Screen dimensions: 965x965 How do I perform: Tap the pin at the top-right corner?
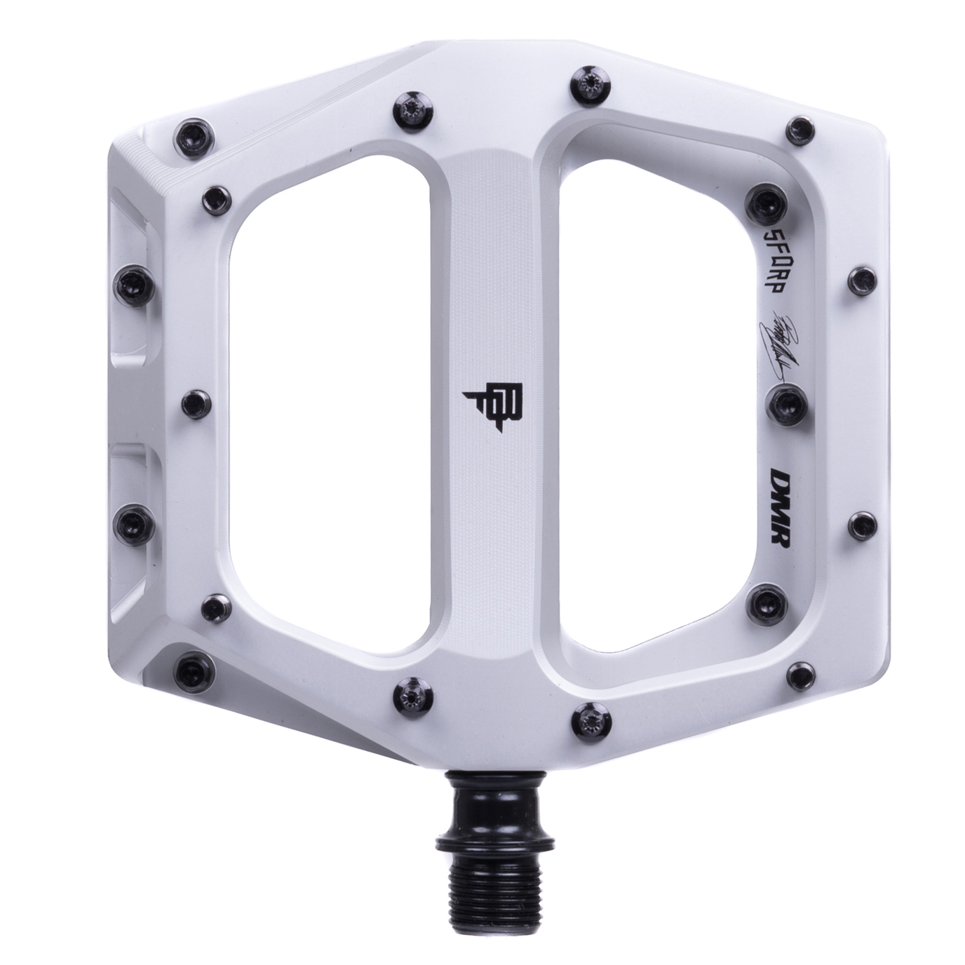[x=798, y=128]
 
